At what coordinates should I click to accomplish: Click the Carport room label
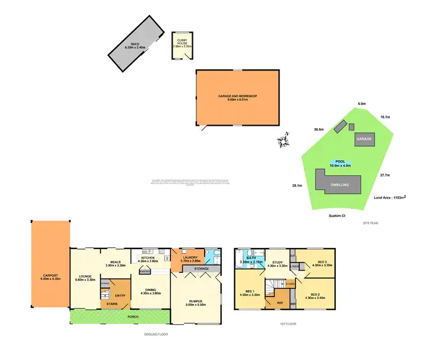click(x=50, y=277)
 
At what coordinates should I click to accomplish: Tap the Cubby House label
click(x=182, y=42)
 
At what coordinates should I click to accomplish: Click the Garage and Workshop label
click(x=237, y=98)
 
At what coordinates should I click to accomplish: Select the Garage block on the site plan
click(x=364, y=139)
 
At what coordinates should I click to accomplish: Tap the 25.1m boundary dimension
click(x=297, y=186)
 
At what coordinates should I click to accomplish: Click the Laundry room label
click(x=190, y=259)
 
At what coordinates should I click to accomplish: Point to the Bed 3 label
click(x=322, y=263)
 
